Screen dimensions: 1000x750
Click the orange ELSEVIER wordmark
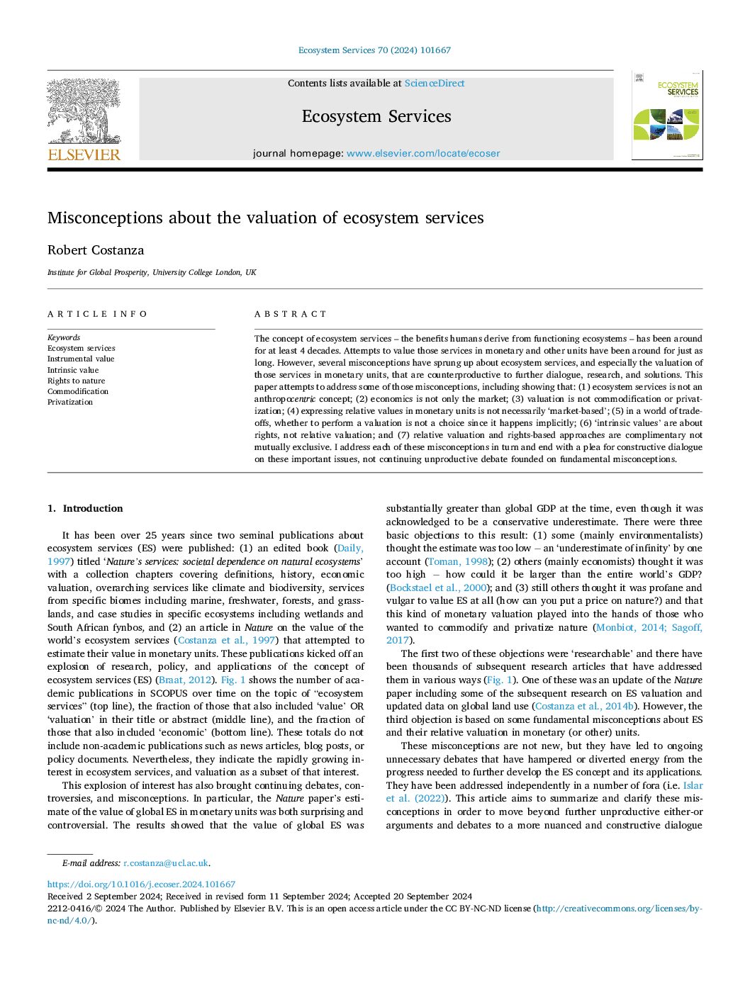84,155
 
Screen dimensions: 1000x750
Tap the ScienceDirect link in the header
435,84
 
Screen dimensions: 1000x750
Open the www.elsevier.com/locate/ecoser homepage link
423,153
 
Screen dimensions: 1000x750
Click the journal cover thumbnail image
667,115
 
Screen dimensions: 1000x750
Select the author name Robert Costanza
96,250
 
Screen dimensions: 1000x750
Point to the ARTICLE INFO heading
98,314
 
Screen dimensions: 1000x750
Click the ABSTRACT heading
291,314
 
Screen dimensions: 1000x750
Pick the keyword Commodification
78,391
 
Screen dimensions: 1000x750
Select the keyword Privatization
70,402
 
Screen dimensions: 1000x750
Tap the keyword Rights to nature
76,381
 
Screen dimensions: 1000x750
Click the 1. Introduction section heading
85,508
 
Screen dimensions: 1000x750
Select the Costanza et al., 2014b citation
585,706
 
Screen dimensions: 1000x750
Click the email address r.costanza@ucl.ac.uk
166,863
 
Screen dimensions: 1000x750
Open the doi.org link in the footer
141,884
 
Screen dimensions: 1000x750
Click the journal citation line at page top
374,50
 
